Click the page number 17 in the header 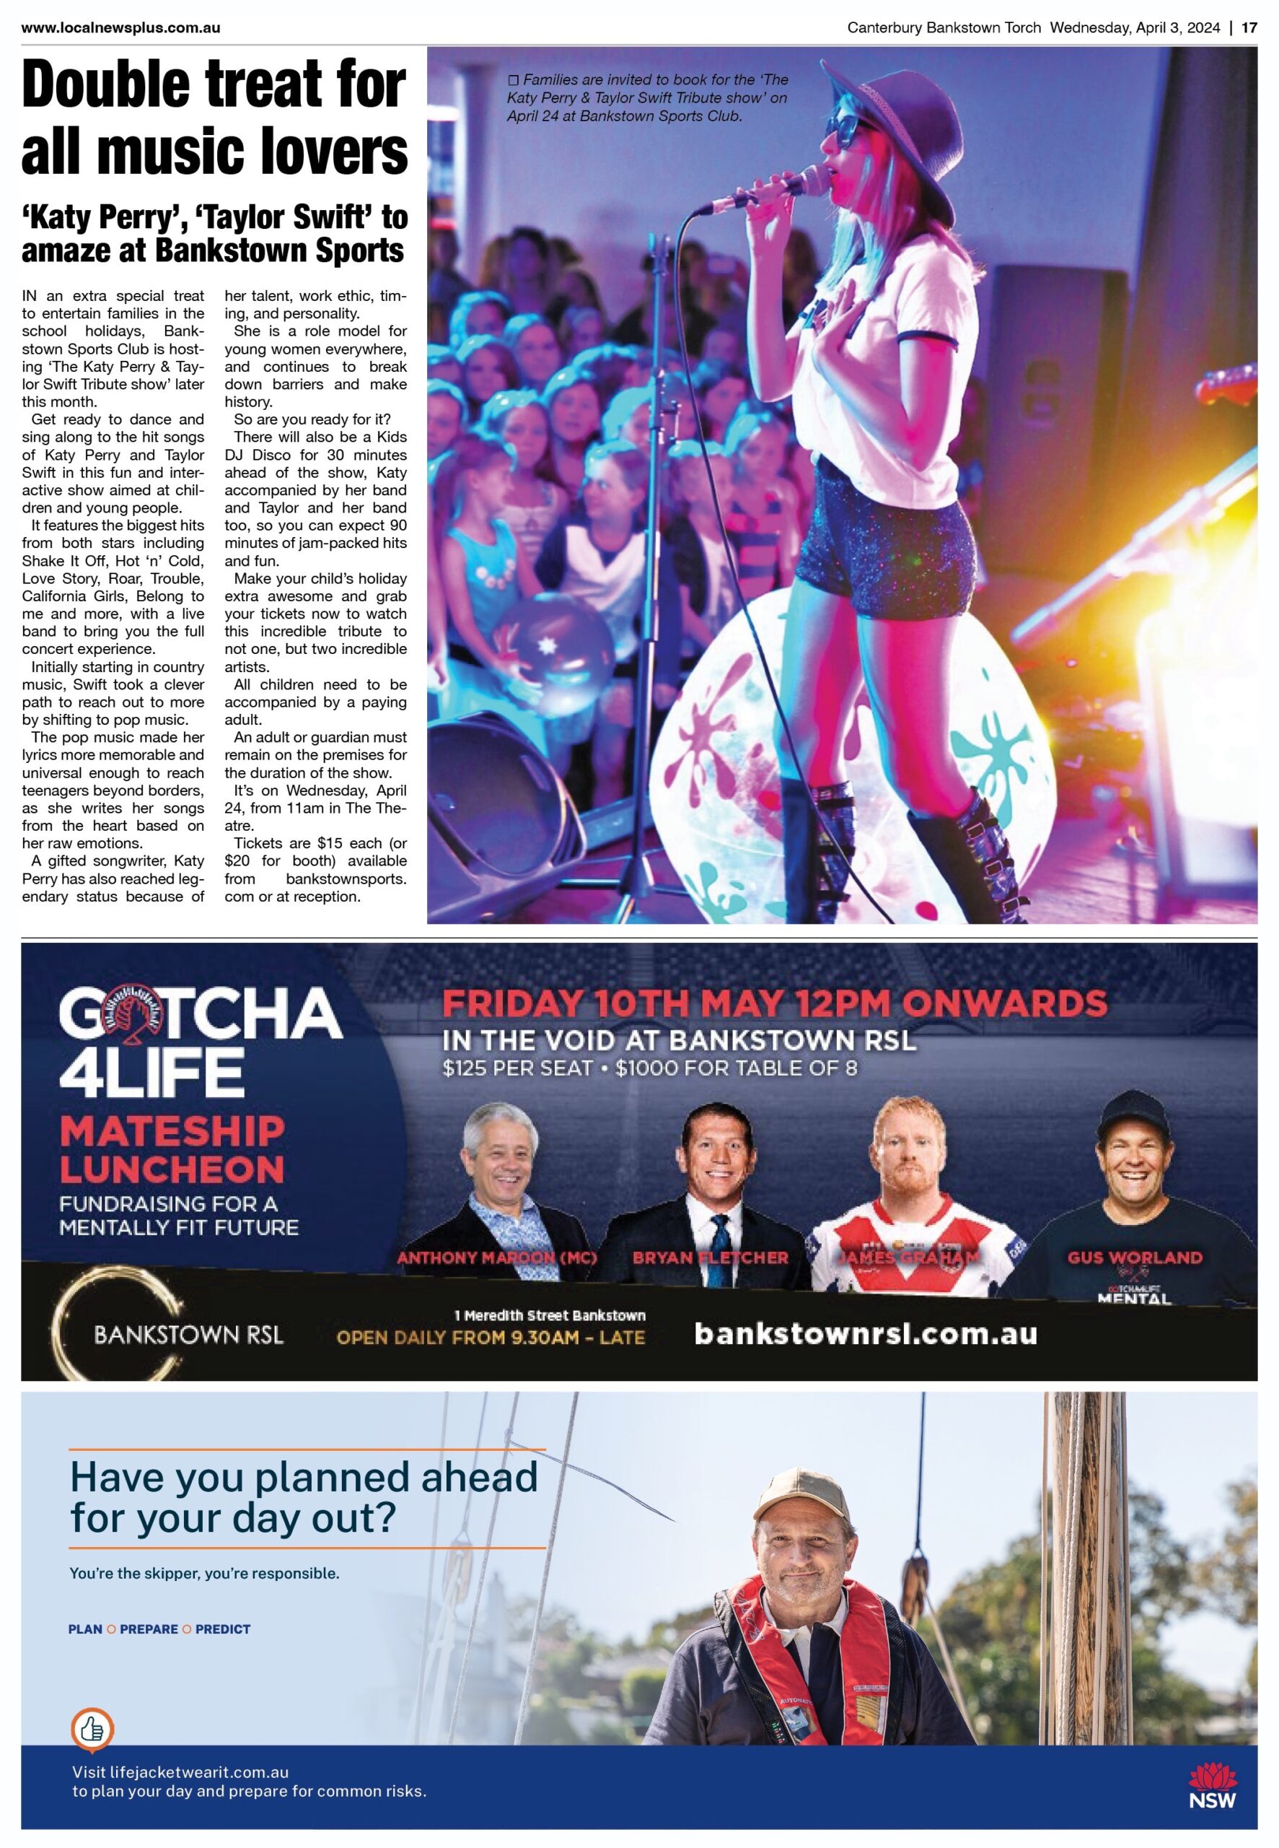point(1249,28)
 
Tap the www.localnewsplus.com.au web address point(121,28)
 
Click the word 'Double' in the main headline point(113,85)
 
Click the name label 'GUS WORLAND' point(1134,1257)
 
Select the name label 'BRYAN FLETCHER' point(710,1257)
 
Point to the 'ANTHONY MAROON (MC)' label point(497,1257)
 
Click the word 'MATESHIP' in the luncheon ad point(172,1130)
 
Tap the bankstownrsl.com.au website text point(865,1333)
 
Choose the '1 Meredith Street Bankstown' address point(549,1315)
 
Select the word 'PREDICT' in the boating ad point(223,1629)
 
